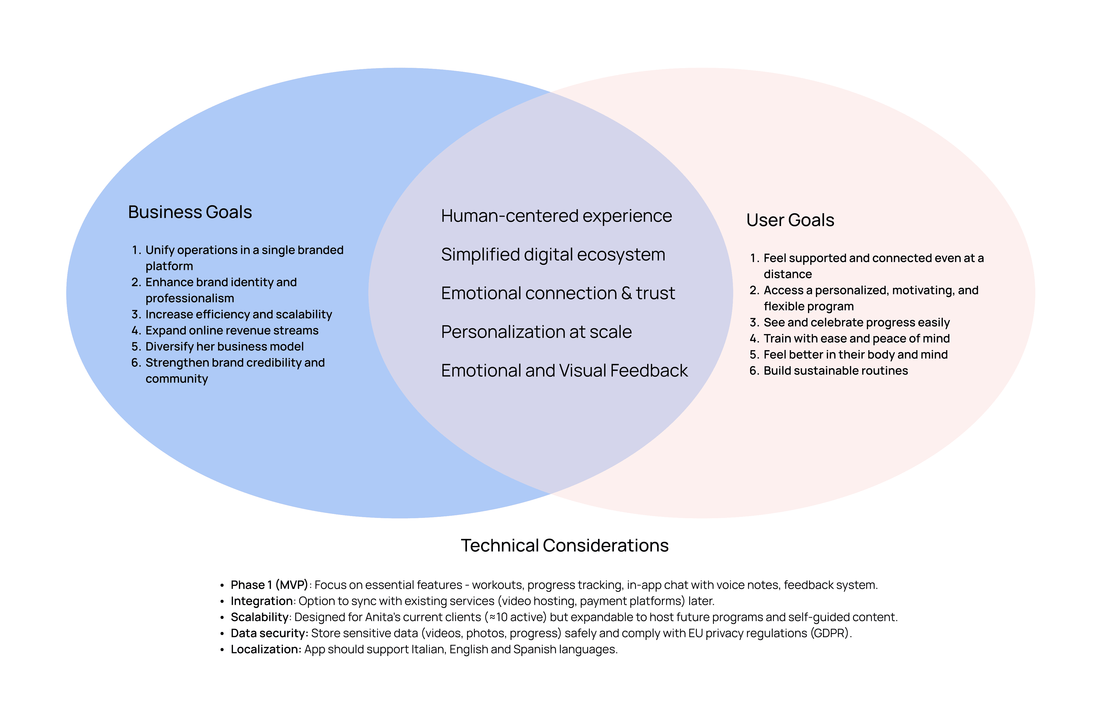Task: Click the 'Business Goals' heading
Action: (190, 212)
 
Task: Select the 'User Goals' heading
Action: (790, 220)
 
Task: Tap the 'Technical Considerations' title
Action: (564, 546)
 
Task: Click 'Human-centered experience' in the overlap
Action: (556, 216)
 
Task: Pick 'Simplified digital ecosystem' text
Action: (553, 255)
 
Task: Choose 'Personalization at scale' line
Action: (536, 332)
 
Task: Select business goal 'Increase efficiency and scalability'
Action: (238, 314)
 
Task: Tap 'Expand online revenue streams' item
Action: (232, 331)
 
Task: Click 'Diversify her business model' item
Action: (224, 347)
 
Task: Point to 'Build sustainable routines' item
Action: (835, 371)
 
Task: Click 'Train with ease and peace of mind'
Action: (856, 339)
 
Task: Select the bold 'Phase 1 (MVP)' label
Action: (269, 585)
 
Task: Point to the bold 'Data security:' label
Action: (269, 633)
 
